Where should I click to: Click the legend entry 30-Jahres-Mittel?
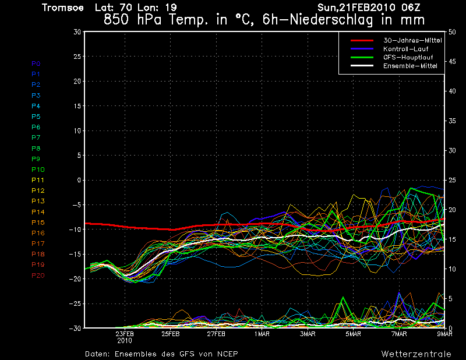412,40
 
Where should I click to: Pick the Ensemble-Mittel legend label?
409,66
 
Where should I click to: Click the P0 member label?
36,63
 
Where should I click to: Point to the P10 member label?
38,170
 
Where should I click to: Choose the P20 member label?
38,276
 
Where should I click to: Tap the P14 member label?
38,212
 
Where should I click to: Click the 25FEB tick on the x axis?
170,334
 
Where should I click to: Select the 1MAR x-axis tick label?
262,334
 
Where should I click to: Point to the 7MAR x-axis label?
399,334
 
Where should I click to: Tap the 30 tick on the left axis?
76,32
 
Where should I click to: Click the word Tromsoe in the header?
63,8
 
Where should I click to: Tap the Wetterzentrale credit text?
416,354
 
